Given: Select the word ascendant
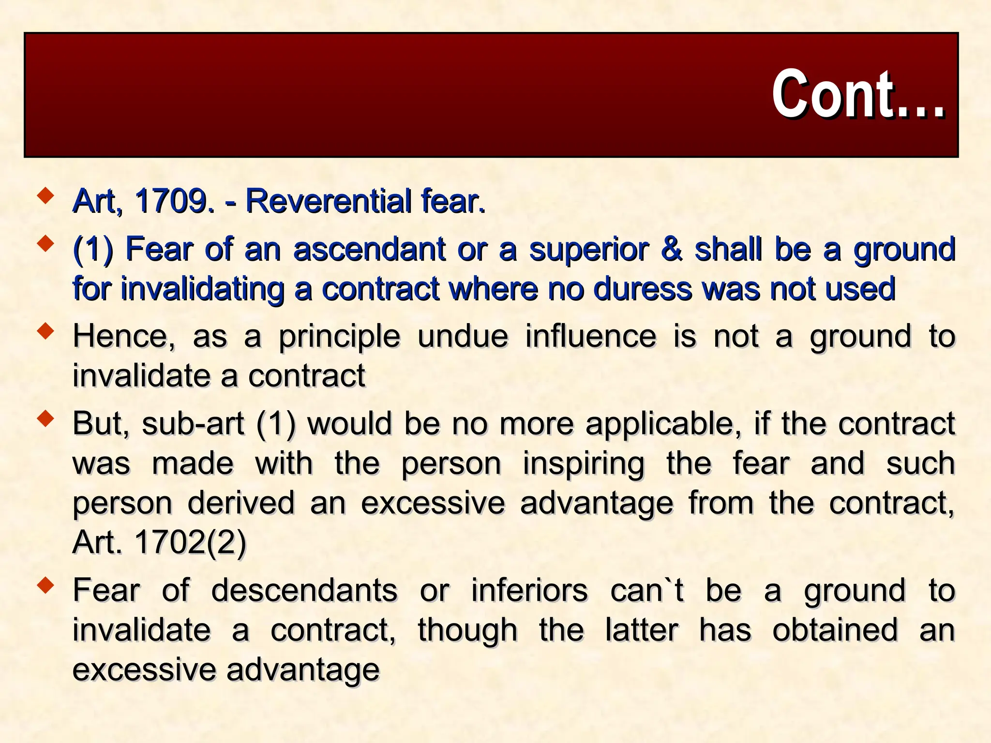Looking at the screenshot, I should (x=369, y=249).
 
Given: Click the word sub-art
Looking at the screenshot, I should (x=193, y=424).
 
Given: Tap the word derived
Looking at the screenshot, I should (x=240, y=503).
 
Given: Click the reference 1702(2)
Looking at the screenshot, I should (x=190, y=542).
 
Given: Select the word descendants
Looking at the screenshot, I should (x=304, y=591).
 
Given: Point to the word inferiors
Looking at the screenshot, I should (x=529, y=591).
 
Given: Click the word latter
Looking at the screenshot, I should (x=642, y=630).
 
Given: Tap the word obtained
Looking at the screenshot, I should (x=835, y=630).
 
